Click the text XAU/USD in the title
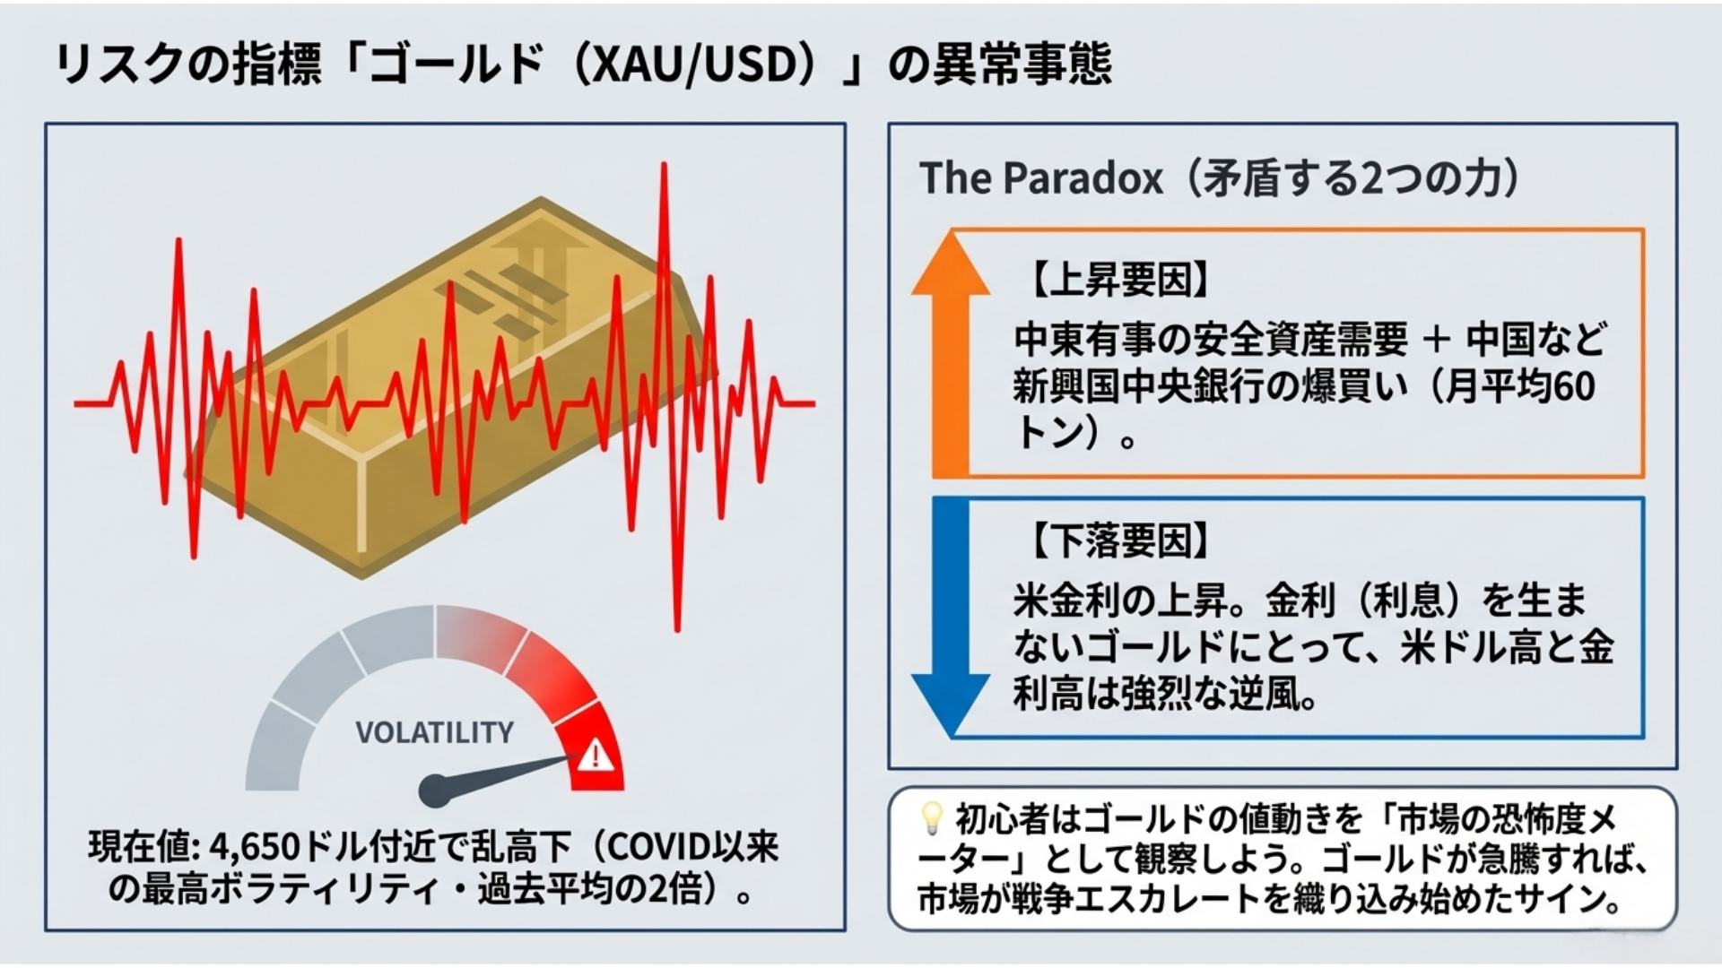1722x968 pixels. [687, 65]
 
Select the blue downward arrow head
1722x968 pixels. [951, 704]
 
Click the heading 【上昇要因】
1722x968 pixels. [1116, 280]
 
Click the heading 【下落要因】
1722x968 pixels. [1116, 540]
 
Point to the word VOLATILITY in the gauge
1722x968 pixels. [434, 732]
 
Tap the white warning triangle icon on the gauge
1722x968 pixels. [595, 756]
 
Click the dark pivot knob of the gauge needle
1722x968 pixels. [434, 790]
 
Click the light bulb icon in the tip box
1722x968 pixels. [932, 816]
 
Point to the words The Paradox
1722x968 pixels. [1040, 178]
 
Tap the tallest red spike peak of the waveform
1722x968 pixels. [665, 167]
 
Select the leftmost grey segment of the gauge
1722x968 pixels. [274, 748]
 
